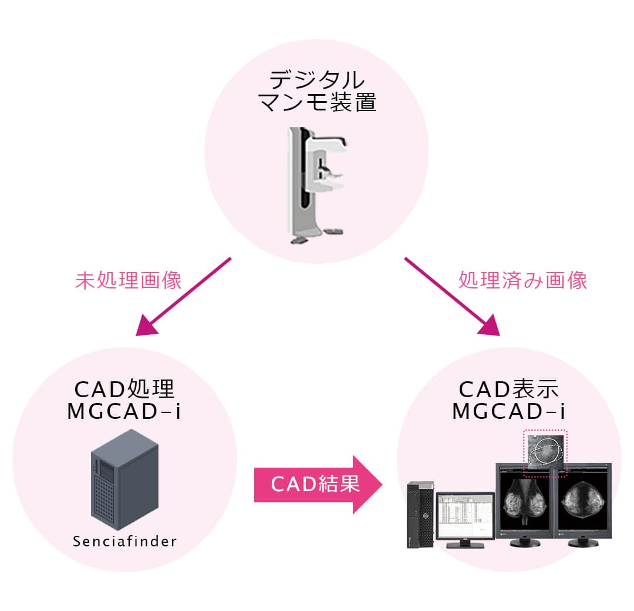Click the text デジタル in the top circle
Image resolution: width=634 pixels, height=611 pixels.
[x=316, y=79]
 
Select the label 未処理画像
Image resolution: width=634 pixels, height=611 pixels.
[x=129, y=280]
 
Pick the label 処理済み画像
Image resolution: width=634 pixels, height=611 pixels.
[x=522, y=280]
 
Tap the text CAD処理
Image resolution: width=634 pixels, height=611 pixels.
[x=124, y=389]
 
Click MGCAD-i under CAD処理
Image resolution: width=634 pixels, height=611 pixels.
[x=124, y=411]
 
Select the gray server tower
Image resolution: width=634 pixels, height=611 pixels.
[x=124, y=479]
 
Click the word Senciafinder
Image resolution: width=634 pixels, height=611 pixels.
[x=124, y=541]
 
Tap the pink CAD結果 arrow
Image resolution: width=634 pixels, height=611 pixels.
[x=317, y=484]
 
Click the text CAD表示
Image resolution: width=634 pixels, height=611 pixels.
[x=509, y=389]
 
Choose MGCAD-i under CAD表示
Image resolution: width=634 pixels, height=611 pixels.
[x=509, y=411]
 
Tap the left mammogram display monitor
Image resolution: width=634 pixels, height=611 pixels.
[x=524, y=502]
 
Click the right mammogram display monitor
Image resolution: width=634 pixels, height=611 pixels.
[x=584, y=502]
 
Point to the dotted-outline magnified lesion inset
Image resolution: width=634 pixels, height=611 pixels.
[x=545, y=451]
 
